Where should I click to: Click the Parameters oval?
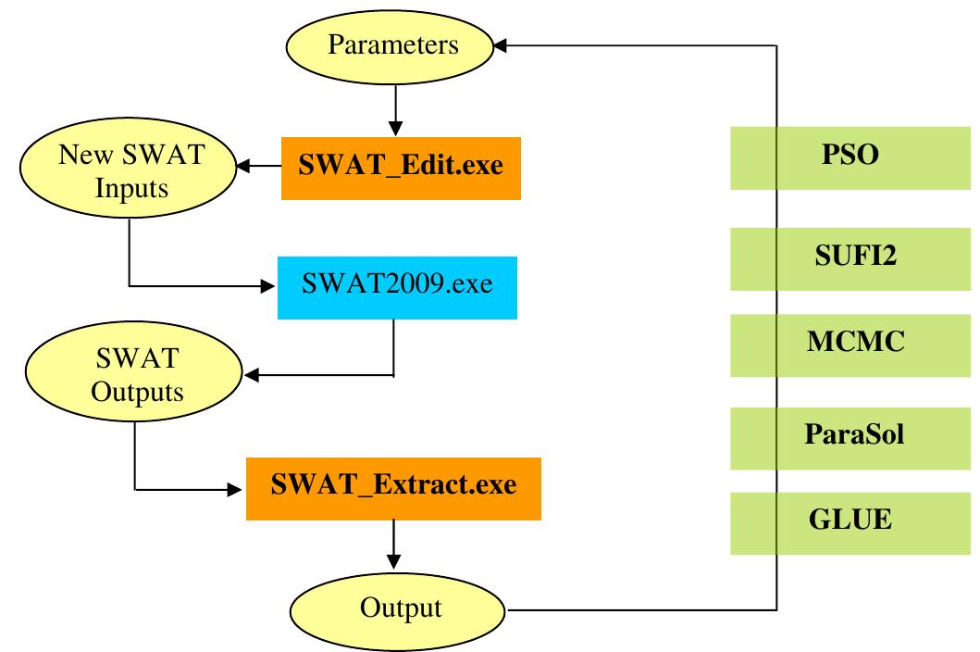[x=396, y=44]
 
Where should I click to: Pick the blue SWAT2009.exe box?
[x=397, y=283]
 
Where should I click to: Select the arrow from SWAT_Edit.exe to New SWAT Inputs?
[x=259, y=168]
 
